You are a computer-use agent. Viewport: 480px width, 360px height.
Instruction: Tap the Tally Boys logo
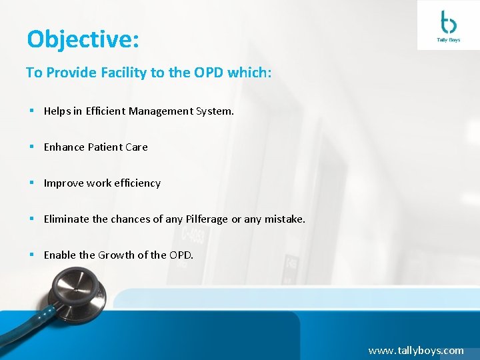pyautogui.click(x=447, y=26)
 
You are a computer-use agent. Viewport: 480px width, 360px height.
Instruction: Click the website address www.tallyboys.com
pyautogui.click(x=415, y=350)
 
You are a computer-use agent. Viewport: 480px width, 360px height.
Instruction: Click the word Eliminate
pyautogui.click(x=67, y=219)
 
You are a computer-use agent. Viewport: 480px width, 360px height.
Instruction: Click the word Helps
pyautogui.click(x=57, y=111)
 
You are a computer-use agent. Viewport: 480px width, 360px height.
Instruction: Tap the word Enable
pyautogui.click(x=60, y=255)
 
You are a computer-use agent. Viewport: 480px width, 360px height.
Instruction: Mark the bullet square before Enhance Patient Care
pyautogui.click(x=31, y=147)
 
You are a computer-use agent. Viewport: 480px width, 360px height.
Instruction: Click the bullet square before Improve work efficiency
pyautogui.click(x=31, y=183)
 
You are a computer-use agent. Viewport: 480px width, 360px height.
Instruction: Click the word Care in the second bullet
pyautogui.click(x=137, y=147)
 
